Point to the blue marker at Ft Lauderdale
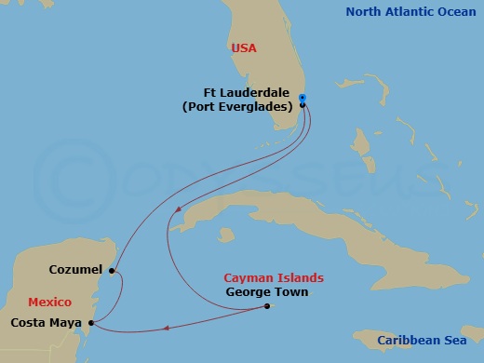click(x=302, y=99)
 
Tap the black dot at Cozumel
click(x=112, y=272)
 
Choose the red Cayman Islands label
click(x=274, y=277)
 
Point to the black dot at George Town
click(x=266, y=307)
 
